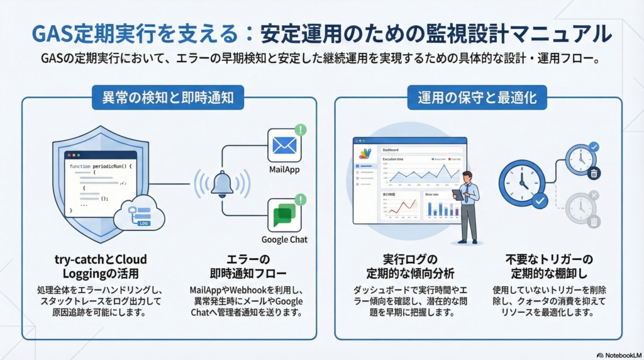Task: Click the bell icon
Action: coord(222,183)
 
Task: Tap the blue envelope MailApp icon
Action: coord(285,146)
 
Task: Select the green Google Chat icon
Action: coord(285,216)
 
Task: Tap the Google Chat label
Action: coord(285,240)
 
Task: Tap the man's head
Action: coord(466,177)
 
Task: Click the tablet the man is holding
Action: coord(458,195)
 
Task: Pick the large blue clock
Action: coord(521,183)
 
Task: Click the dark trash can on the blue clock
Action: coord(594,173)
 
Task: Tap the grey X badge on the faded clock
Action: coord(594,196)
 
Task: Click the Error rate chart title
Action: coord(433,194)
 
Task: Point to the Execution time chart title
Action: coord(394,160)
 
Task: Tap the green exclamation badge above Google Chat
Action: coord(301,200)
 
